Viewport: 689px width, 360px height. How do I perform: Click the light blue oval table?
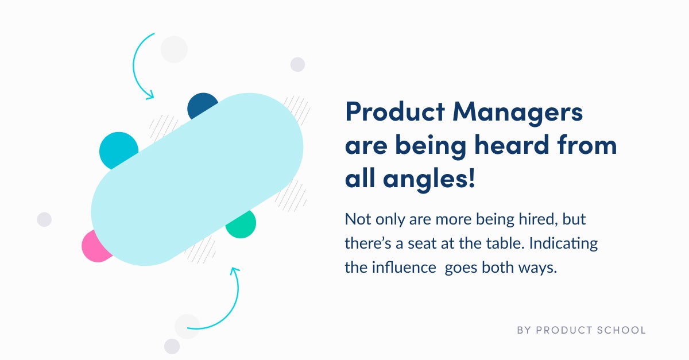point(197,179)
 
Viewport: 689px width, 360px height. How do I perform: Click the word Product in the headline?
point(395,112)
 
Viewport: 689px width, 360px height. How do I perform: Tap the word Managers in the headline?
point(518,114)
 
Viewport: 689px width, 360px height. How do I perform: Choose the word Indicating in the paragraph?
point(563,244)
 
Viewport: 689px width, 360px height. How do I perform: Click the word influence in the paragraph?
point(404,268)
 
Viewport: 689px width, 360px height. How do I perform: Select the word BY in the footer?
point(524,330)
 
